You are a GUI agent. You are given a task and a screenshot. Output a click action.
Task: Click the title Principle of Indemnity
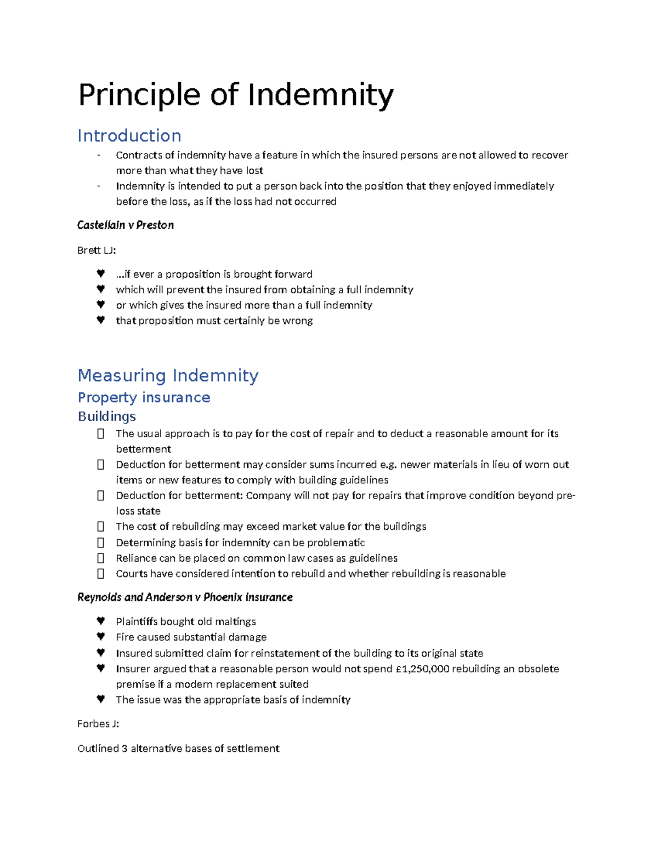(x=236, y=95)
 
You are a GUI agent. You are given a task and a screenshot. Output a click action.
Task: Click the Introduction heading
(x=129, y=135)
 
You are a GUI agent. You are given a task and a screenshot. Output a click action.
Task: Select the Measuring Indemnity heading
(x=168, y=375)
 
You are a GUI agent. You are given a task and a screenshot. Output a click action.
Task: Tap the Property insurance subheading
(x=144, y=397)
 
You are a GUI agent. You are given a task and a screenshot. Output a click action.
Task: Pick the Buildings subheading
(x=106, y=416)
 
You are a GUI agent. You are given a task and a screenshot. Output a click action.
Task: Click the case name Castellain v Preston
(x=126, y=225)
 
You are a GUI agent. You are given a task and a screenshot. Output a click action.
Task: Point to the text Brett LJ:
(x=97, y=250)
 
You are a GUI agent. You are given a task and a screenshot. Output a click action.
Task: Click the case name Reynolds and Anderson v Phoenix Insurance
(x=185, y=597)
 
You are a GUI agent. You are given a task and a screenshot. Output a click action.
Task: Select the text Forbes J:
(x=98, y=724)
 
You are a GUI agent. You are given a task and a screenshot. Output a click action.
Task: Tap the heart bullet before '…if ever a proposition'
(x=100, y=273)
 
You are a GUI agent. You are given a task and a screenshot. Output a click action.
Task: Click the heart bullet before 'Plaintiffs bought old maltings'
(x=100, y=621)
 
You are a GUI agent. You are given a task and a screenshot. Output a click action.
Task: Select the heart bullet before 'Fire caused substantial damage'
(x=100, y=637)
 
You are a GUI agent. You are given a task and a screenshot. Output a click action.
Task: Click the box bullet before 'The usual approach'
(x=100, y=434)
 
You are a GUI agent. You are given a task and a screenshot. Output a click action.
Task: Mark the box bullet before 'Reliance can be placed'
(x=100, y=558)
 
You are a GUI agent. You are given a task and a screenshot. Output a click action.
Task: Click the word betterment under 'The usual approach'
(x=144, y=449)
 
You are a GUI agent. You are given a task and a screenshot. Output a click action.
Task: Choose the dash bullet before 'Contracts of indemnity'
(x=99, y=156)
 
